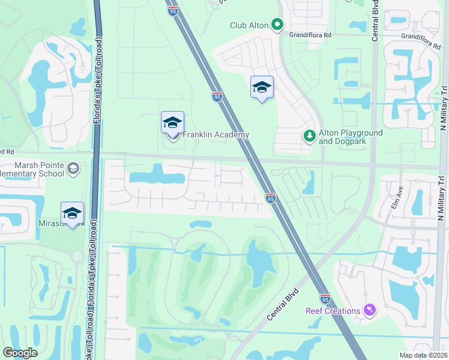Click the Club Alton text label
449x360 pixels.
click(x=248, y=25)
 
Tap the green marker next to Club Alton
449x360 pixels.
click(x=277, y=25)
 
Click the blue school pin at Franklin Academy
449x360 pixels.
click(x=172, y=124)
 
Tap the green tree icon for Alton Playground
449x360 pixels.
click(x=310, y=136)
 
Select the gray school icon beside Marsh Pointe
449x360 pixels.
click(x=74, y=169)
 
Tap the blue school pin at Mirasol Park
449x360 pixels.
click(x=72, y=214)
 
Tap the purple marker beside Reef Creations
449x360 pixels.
click(x=370, y=310)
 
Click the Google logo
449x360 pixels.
click(x=20, y=353)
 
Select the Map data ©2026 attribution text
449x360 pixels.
click(x=423, y=355)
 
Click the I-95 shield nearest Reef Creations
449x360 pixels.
click(x=325, y=298)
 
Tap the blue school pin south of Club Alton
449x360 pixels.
click(x=262, y=88)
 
